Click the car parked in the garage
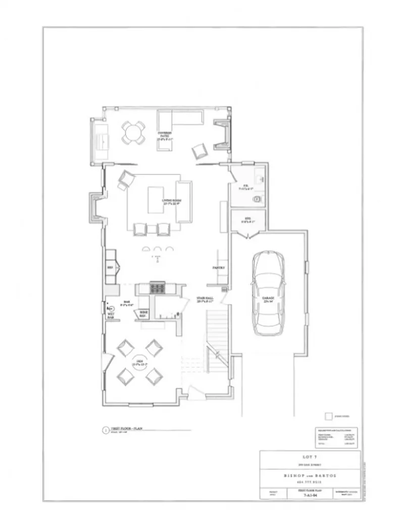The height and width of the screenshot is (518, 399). pyautogui.click(x=268, y=293)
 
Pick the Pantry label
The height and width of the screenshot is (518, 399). pyautogui.click(x=218, y=268)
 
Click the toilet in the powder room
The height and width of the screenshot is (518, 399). pyautogui.click(x=257, y=199)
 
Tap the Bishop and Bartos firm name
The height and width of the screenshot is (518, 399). pyautogui.click(x=310, y=476)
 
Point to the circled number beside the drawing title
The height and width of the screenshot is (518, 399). pyautogui.click(x=105, y=430)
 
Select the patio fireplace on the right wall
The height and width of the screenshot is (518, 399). pyautogui.click(x=222, y=135)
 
